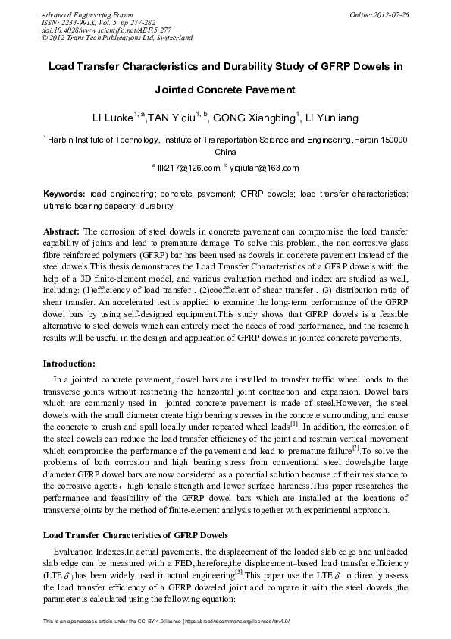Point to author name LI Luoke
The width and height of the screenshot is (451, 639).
pos(111,118)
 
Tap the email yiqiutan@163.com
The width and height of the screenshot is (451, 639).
pos(267,168)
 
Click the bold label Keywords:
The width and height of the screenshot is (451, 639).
pos(64,194)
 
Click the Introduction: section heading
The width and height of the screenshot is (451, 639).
pos(74,364)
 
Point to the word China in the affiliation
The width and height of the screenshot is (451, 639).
pos(226,152)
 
